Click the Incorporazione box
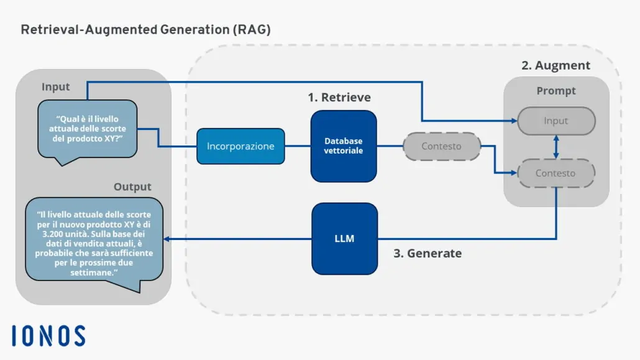(x=240, y=146)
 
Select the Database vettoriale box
(x=344, y=146)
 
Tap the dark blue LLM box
(x=344, y=238)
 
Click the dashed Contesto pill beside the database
(x=441, y=146)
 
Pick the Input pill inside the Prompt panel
(x=556, y=121)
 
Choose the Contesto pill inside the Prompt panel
(x=555, y=173)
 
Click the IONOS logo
(x=48, y=336)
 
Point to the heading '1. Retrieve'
(x=339, y=97)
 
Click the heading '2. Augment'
(x=555, y=65)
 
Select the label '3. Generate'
(x=428, y=253)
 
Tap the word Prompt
(x=556, y=91)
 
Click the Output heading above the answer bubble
(x=132, y=187)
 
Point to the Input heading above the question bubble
(x=56, y=86)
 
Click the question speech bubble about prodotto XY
(x=88, y=129)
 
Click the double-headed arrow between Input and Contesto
(x=556, y=147)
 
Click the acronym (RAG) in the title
(x=252, y=29)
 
